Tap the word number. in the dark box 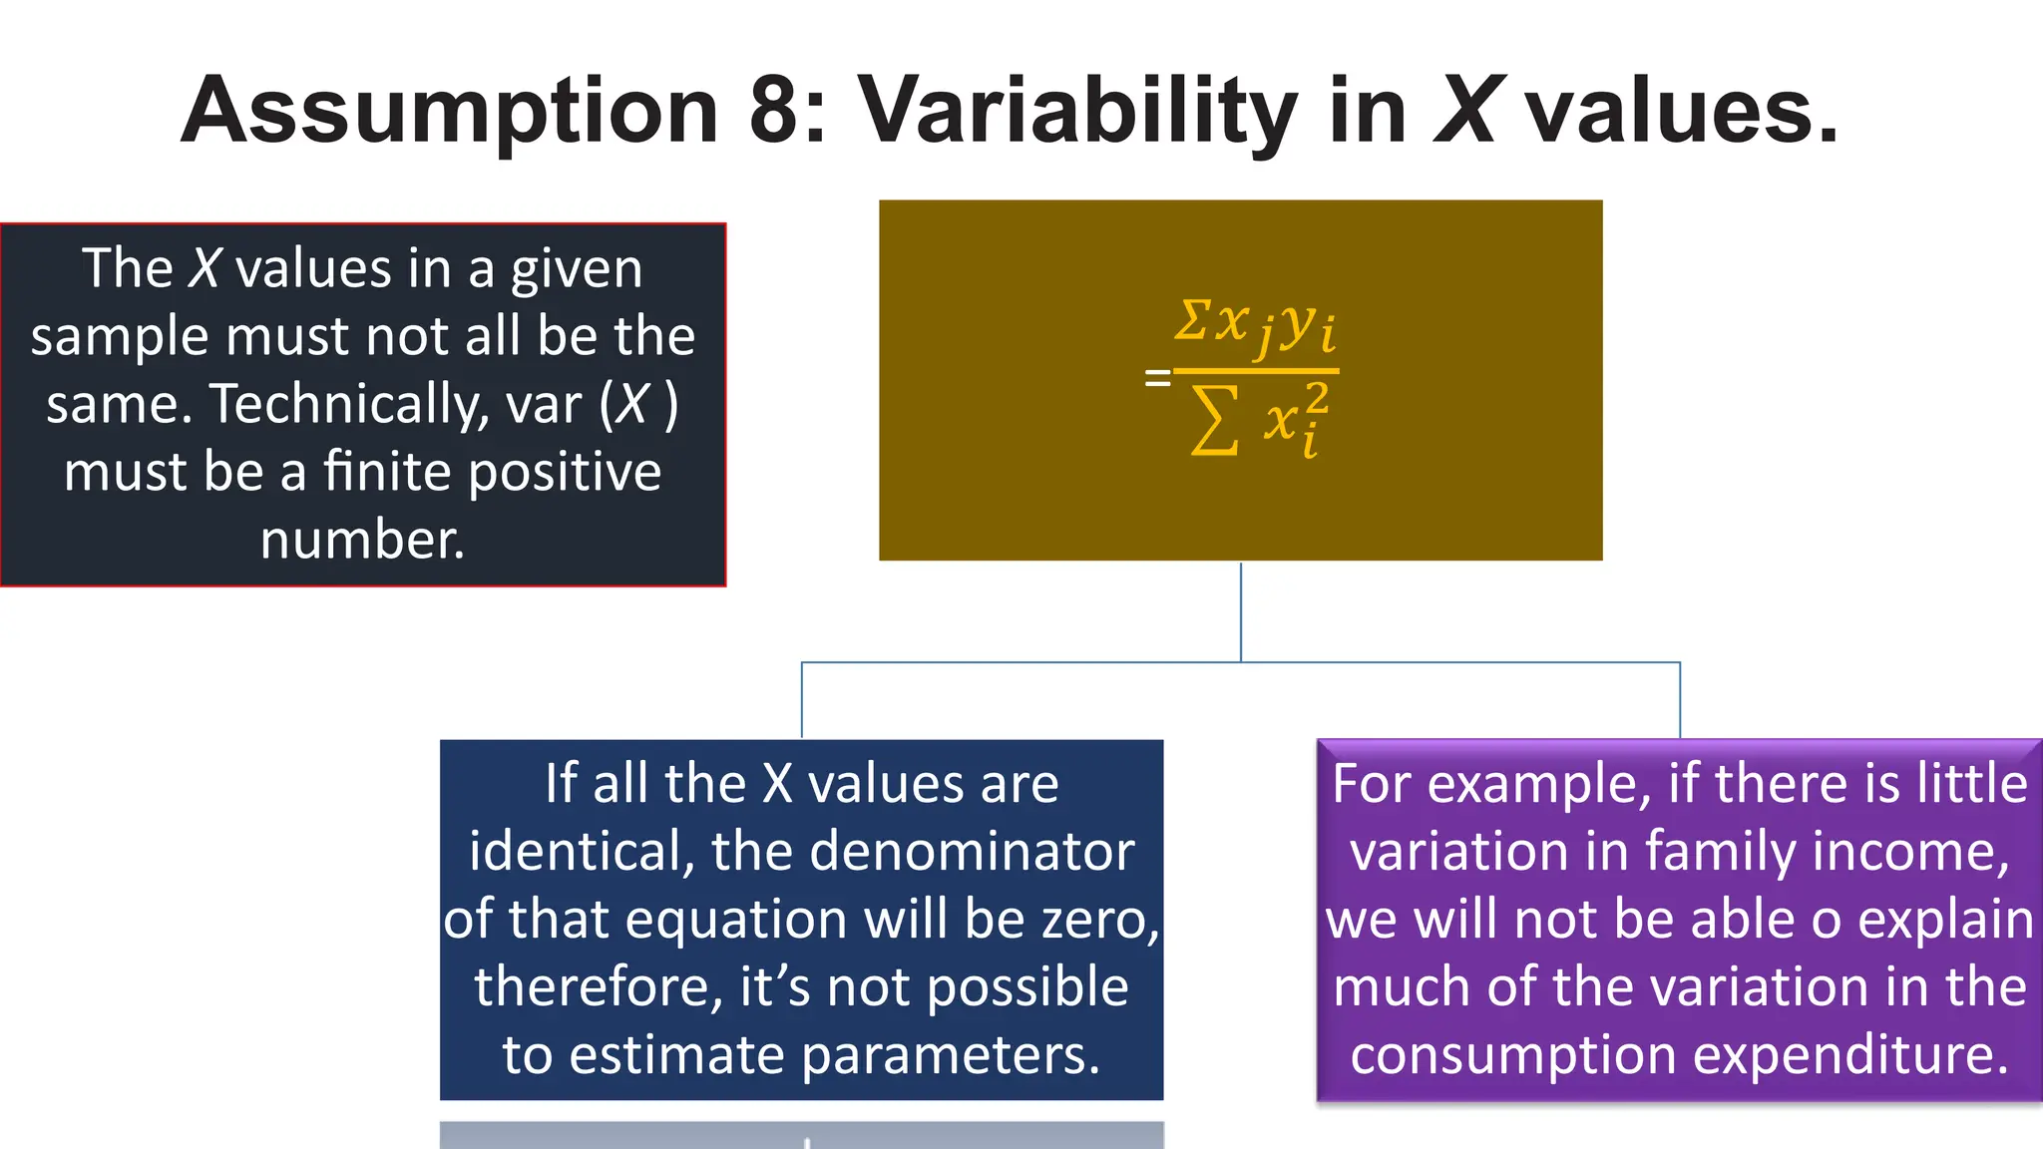point(362,540)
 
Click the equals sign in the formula point(1157,378)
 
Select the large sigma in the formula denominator point(1215,421)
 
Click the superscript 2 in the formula point(1317,399)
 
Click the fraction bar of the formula point(1255,371)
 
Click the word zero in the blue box point(1093,919)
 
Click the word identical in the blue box point(581,851)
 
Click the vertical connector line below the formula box point(1241,610)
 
